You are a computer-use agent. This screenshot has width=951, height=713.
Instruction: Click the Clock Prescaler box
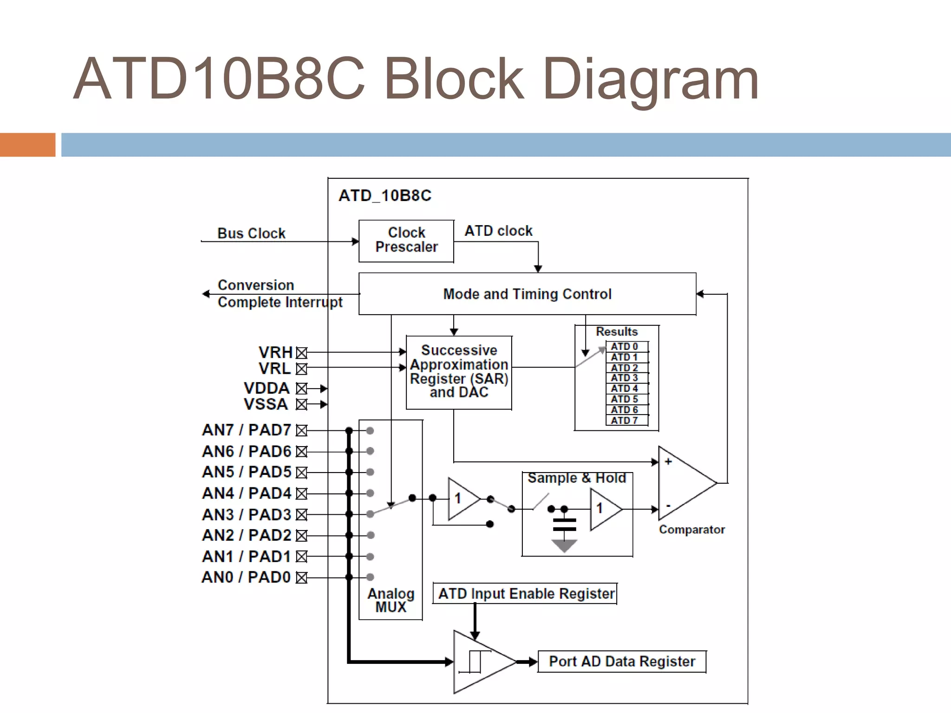click(x=406, y=241)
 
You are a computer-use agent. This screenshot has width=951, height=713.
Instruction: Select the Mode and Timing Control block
click(x=527, y=294)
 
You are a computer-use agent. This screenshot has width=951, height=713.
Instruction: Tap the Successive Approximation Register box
click(x=459, y=372)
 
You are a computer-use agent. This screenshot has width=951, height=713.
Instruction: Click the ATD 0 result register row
click(x=626, y=346)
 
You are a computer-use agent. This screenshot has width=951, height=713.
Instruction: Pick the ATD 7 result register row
click(x=626, y=421)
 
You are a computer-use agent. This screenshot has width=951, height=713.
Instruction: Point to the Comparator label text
click(x=691, y=530)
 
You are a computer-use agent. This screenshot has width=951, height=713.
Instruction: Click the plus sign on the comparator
click(x=668, y=461)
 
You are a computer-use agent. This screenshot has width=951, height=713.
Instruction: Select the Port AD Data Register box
click(x=622, y=661)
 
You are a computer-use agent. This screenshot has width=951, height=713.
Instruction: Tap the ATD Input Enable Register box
click(x=525, y=594)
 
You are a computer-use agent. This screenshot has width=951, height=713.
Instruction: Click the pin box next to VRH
click(x=302, y=353)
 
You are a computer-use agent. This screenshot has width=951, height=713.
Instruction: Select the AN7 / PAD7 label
click(x=246, y=430)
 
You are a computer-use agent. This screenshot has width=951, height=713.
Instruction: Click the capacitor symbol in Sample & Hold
click(x=564, y=525)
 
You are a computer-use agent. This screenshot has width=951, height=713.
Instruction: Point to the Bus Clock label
click(x=251, y=233)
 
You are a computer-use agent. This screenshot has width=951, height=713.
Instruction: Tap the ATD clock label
click(x=498, y=231)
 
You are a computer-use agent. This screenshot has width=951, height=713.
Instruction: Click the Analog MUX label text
click(x=391, y=600)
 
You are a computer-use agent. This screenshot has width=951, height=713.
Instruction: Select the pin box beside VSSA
click(x=302, y=404)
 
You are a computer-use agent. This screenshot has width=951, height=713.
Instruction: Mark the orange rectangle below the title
click(x=27, y=145)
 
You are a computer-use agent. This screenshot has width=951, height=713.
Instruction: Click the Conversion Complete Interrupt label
click(x=279, y=293)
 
